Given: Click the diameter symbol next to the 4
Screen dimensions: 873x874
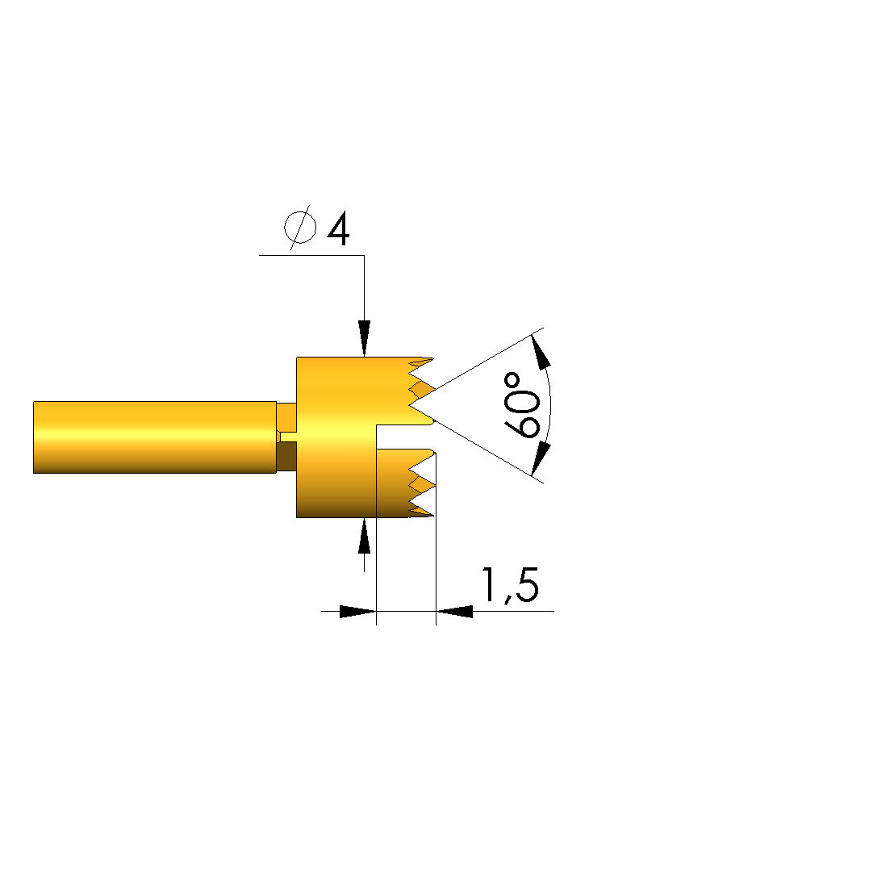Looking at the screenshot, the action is click(x=300, y=227).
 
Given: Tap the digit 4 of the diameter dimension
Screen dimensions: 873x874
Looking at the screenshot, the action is click(x=338, y=228).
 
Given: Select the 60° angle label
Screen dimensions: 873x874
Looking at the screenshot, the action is click(x=522, y=405).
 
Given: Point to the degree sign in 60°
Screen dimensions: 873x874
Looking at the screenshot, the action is click(x=512, y=381).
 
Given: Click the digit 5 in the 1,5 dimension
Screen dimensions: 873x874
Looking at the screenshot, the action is click(x=526, y=585).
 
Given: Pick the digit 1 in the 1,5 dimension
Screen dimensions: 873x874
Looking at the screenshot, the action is click(x=489, y=584).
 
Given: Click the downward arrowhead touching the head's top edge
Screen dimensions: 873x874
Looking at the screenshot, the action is click(x=365, y=338).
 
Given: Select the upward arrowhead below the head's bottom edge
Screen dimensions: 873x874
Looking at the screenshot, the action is click(x=365, y=536).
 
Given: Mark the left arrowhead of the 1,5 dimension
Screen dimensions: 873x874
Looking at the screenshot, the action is click(x=357, y=612).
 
